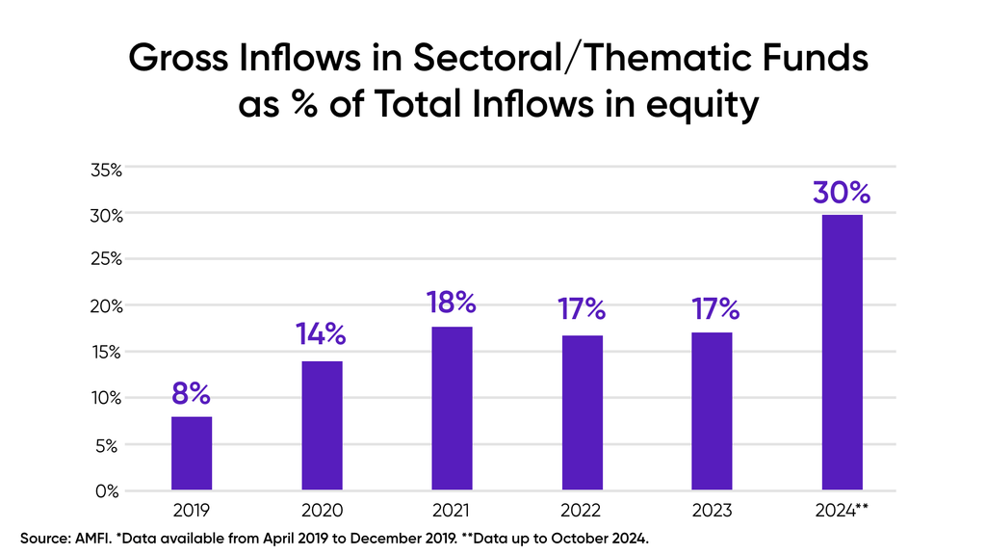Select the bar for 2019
[192, 453]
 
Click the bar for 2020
[322, 425]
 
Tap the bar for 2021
[453, 408]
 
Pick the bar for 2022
[583, 412]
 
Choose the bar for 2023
[712, 410]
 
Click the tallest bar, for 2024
[842, 353]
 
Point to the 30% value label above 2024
[842, 193]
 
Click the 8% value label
[191, 394]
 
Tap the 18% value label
[452, 302]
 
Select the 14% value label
[321, 334]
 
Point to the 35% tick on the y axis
[106, 170]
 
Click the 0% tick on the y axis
[107, 491]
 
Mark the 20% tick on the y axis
[106, 306]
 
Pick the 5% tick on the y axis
[107, 446]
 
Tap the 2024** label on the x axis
[842, 511]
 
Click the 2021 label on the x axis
[451, 511]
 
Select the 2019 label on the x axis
[192, 511]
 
